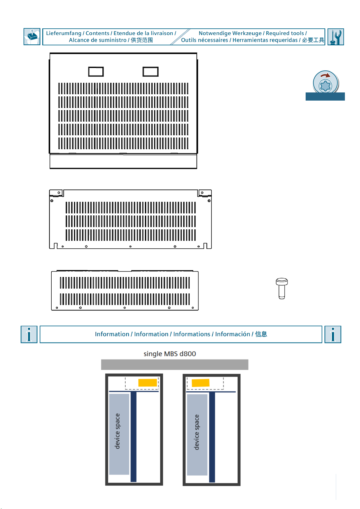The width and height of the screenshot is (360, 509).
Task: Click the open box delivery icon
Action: tap(32, 37)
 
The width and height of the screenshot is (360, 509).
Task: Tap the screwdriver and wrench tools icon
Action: tap(336, 37)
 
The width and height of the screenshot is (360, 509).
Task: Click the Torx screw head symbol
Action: tap(326, 86)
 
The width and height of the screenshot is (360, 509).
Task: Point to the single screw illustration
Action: tap(282, 288)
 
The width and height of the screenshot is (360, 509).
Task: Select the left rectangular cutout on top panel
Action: tap(96, 72)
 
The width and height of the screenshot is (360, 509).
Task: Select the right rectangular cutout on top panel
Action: tap(150, 72)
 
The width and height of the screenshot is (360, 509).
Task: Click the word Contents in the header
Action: tap(98, 33)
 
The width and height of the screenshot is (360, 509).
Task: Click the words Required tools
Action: tap(285, 33)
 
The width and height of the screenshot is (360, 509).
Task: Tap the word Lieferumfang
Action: tap(64, 33)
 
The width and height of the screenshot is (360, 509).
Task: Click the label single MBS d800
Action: tap(170, 354)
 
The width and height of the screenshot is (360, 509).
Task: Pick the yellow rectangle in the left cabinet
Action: tap(148, 383)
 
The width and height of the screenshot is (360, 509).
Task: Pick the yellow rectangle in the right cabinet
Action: tap(201, 383)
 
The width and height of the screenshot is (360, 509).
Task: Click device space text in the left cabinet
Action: tap(117, 431)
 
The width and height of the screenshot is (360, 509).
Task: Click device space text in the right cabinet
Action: tap(197, 432)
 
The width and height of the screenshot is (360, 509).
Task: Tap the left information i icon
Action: tap(29, 334)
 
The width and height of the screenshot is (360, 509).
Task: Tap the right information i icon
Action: tap(333, 334)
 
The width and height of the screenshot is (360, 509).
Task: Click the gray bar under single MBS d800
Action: tap(175, 365)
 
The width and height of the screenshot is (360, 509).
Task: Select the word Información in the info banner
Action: tap(232, 334)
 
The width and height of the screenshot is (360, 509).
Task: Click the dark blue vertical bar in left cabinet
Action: tap(133, 437)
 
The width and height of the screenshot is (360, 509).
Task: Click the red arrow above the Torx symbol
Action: tap(325, 75)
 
